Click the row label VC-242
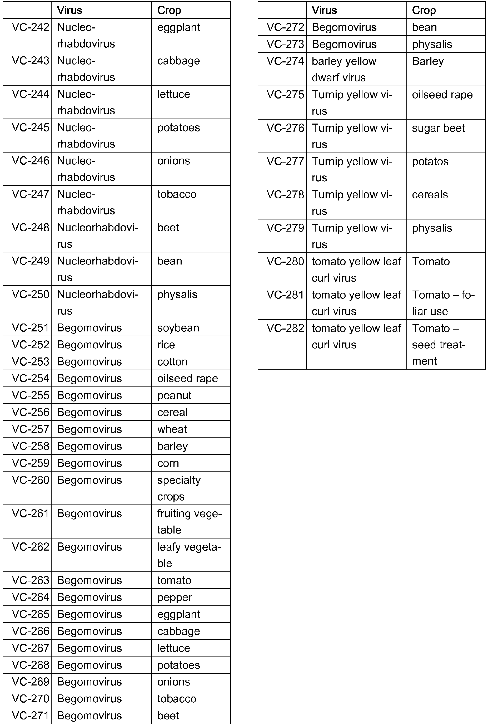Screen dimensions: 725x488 (30, 27)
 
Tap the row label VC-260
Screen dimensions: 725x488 (30, 480)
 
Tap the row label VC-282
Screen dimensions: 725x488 (285, 328)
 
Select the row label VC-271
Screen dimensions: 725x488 (30, 715)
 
